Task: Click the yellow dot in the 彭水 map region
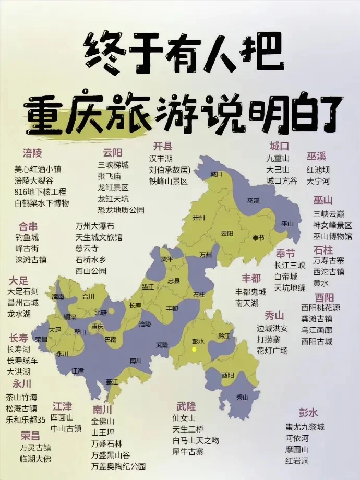point(194,349)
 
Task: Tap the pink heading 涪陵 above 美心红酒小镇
point(32,153)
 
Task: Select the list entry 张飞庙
point(110,176)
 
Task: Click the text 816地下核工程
point(40,191)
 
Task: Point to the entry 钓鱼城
point(27,237)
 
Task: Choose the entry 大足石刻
point(23,291)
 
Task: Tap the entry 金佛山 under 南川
point(103,421)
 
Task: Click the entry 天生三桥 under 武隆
point(188,429)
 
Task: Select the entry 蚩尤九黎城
point(305,426)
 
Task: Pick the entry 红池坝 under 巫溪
point(318,170)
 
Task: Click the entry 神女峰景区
point(332,225)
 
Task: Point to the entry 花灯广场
point(272,351)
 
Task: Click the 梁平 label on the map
point(166,259)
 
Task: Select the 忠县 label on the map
point(173,280)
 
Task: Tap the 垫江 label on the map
point(148,286)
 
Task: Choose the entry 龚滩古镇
point(316,318)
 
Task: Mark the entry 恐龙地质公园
point(121,210)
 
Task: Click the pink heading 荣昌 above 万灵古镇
point(30,435)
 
